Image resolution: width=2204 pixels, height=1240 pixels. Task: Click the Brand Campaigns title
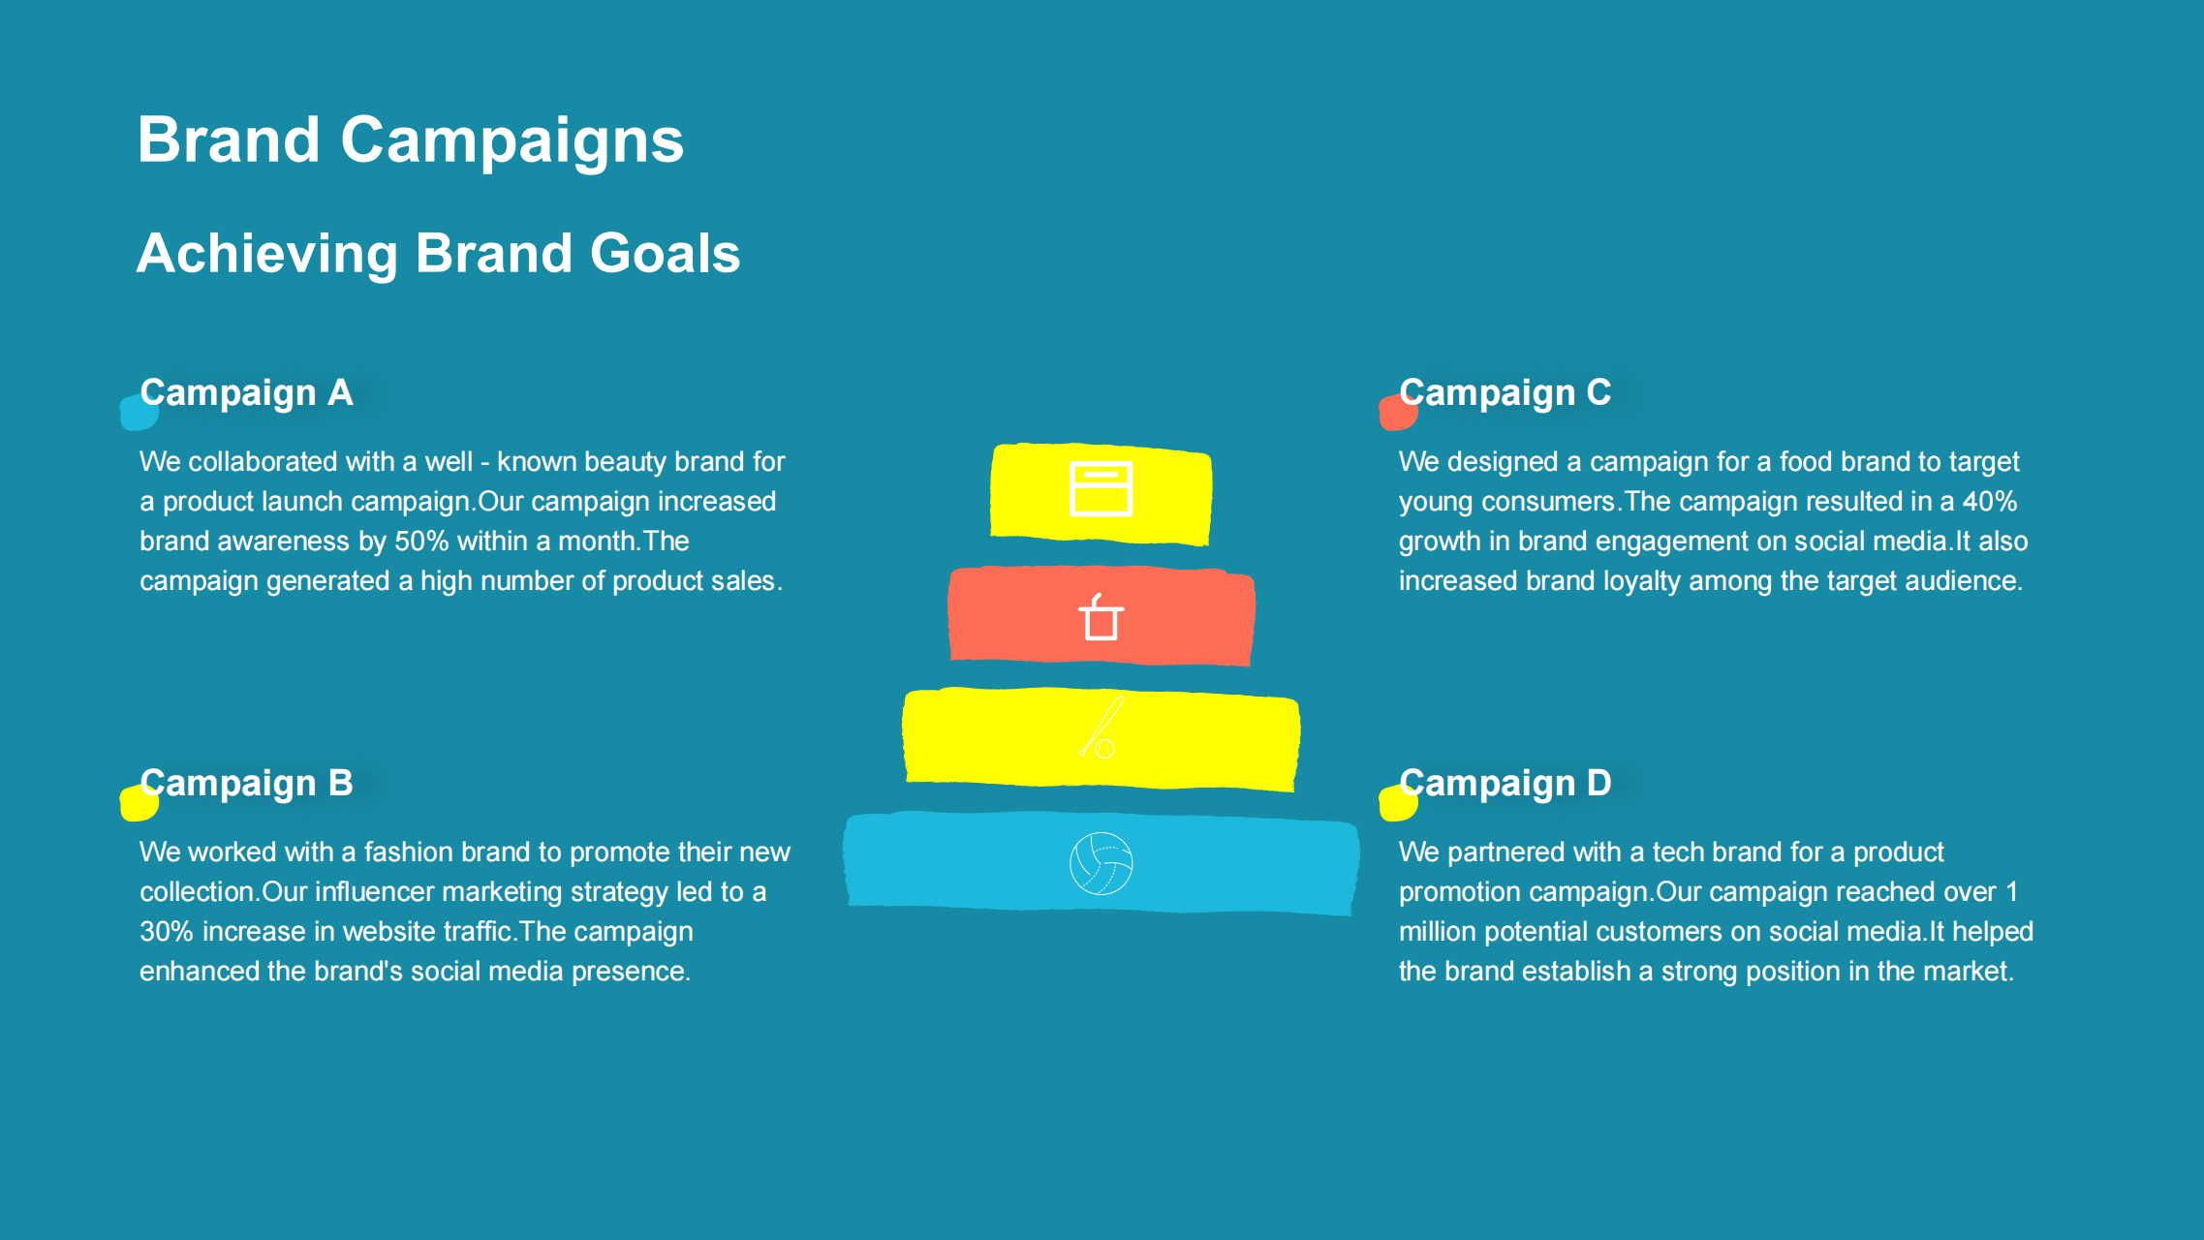point(411,141)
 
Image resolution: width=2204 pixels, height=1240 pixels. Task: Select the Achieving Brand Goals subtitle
point(439,254)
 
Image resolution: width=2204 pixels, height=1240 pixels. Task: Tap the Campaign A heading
point(247,393)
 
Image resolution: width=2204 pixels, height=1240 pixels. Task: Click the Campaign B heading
point(247,784)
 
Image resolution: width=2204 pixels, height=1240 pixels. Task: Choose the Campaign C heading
point(1506,393)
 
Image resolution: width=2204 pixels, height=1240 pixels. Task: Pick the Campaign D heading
point(1506,784)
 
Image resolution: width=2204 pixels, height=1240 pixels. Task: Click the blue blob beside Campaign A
point(139,412)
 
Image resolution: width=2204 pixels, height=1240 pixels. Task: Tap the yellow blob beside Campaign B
point(139,802)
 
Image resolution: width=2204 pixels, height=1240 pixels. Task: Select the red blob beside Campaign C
point(1398,412)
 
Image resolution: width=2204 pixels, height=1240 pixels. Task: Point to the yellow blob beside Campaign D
point(1398,802)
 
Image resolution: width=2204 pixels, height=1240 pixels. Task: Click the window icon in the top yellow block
point(1101,488)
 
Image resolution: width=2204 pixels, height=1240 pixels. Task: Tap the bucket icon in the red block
point(1101,617)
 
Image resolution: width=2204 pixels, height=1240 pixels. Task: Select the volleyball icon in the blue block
point(1101,863)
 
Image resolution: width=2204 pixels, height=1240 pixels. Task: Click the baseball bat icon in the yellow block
point(1102,727)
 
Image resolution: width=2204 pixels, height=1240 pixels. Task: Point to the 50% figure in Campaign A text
point(421,542)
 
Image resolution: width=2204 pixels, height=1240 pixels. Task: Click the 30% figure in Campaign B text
point(167,932)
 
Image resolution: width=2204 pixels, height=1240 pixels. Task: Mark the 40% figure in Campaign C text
point(1990,502)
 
